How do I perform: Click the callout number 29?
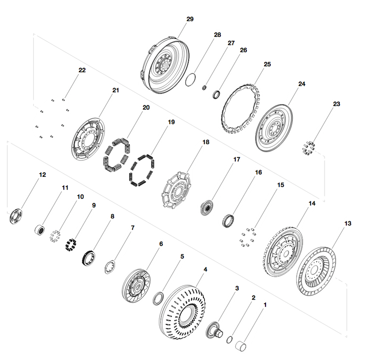190,19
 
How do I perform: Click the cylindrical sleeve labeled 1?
241,346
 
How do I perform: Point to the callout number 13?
348,223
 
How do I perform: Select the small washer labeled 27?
204,88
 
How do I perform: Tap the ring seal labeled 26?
216,95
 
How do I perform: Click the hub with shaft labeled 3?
214,330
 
